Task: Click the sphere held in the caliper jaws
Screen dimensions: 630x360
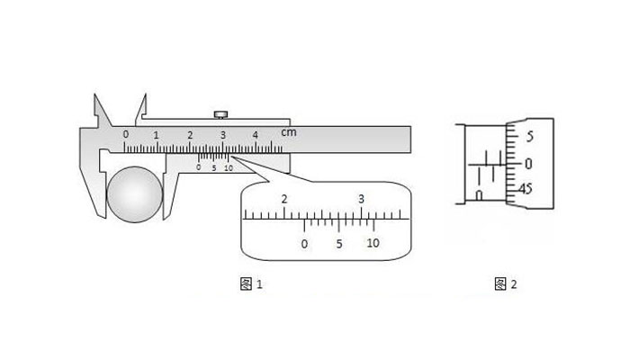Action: [135, 194]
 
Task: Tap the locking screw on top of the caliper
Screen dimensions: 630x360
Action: [220, 115]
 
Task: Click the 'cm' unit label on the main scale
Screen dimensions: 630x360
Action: [289, 131]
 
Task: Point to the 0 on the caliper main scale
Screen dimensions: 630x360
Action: [126, 134]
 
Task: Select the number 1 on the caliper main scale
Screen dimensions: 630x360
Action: [156, 135]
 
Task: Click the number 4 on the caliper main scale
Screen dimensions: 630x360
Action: [255, 135]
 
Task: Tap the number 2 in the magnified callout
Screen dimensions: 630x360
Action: [284, 199]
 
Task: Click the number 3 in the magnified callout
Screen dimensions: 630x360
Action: [361, 199]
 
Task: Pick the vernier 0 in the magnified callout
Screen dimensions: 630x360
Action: [304, 244]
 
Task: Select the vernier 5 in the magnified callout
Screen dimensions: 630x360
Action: [339, 244]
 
